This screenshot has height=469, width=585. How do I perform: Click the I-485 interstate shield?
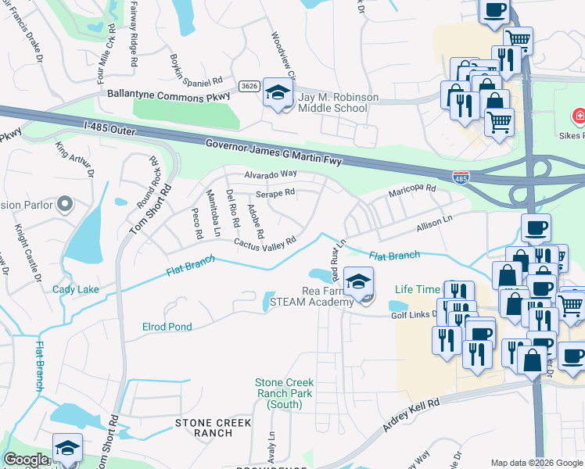pyautogui.click(x=461, y=177)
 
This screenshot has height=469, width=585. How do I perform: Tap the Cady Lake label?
pyautogui.click(x=76, y=289)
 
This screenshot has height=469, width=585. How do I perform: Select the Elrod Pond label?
pyautogui.click(x=167, y=327)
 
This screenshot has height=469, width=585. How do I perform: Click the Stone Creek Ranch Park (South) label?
pyautogui.click(x=284, y=393)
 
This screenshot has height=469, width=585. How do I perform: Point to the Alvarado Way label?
pyautogui.click(x=271, y=174)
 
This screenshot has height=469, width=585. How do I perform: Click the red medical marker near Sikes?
pyautogui.click(x=577, y=117)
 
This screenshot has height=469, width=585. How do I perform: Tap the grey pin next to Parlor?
pyautogui.click(x=65, y=205)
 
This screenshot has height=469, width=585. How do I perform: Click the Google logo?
pyautogui.click(x=25, y=460)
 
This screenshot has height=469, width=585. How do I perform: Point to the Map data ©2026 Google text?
pyautogui.click(x=536, y=462)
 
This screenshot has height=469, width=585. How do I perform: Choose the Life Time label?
pyautogui.click(x=418, y=289)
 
